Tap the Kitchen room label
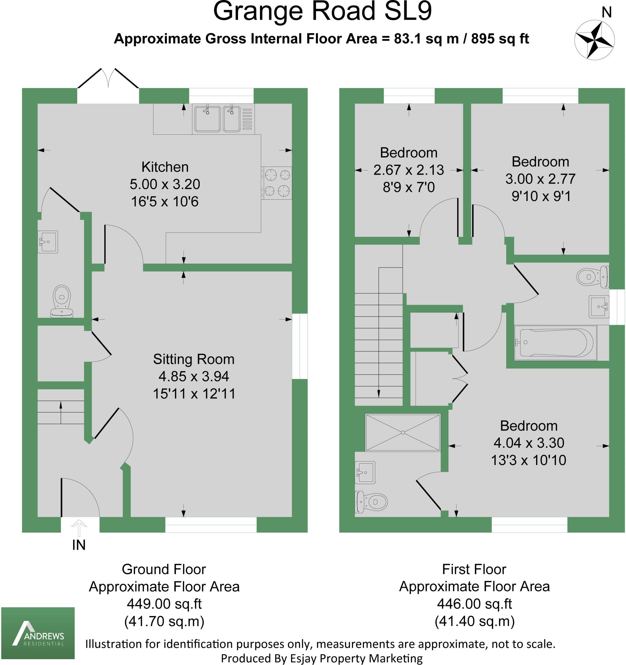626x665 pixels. point(165,167)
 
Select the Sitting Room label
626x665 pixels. point(194,359)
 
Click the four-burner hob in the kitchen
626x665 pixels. point(277,183)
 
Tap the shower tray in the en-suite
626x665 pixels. point(403,433)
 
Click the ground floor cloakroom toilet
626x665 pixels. point(62,300)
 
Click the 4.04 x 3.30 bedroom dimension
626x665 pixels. point(529,443)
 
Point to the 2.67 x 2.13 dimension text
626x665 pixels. point(408,170)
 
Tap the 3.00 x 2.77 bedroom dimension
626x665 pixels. point(540,179)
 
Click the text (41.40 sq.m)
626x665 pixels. point(474,621)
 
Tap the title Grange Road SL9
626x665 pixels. point(322,11)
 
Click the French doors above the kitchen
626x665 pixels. point(108,80)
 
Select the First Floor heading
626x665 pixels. point(474,569)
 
